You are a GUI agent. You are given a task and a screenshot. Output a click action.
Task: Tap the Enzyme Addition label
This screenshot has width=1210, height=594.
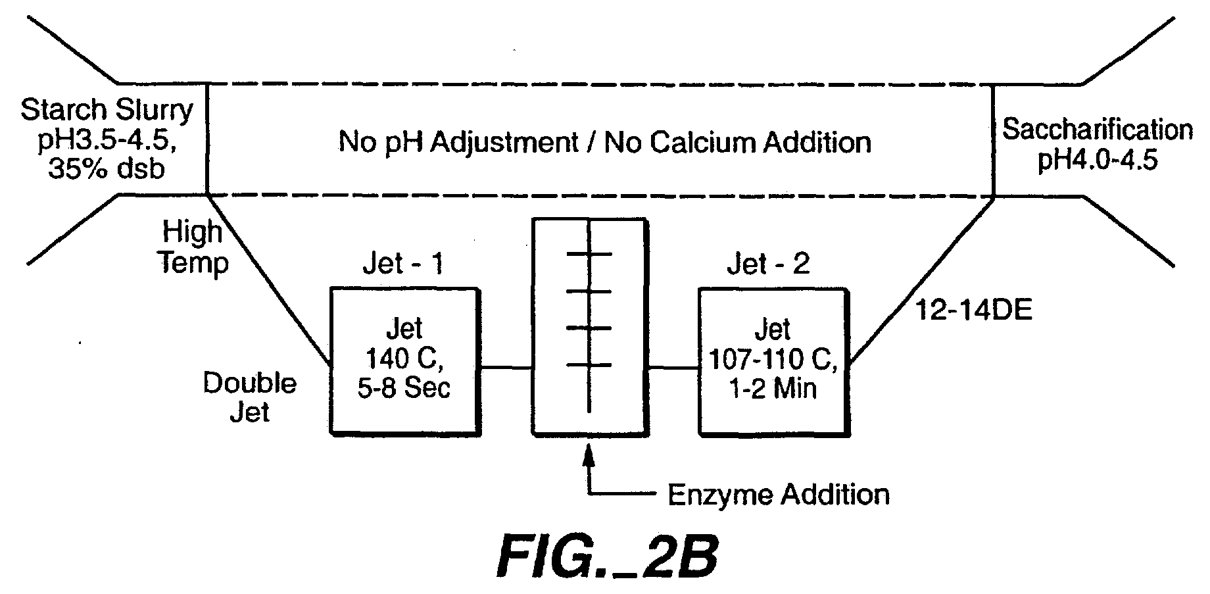coord(779,494)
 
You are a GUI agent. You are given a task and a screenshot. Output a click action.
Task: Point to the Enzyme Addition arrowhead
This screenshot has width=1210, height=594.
coord(589,456)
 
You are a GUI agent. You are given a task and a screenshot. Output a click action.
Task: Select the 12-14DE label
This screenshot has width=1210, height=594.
coord(974,309)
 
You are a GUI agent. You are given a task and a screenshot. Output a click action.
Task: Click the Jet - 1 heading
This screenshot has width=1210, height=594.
coord(403,264)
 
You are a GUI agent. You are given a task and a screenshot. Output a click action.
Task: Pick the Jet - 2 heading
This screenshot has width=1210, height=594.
coord(768,264)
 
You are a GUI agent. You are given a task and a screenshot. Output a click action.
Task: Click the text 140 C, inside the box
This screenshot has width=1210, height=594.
coord(404,359)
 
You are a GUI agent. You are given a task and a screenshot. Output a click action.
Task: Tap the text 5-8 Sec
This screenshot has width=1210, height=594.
coord(404,387)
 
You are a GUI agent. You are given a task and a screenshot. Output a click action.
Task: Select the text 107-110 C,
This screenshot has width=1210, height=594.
coord(773,359)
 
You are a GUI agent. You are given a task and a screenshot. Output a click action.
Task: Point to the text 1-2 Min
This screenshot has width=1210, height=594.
coord(773,387)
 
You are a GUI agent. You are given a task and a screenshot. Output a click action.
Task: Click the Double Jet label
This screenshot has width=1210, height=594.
coord(249,397)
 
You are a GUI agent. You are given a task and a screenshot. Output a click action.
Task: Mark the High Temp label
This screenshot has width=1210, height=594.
coord(194,247)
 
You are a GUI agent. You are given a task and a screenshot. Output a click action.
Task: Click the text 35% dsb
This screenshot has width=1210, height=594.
coord(107,169)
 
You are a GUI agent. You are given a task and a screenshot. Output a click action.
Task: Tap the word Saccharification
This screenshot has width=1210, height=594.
coord(1098,130)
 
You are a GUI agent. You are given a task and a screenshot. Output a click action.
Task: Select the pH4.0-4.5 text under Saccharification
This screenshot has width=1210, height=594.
coord(1097,160)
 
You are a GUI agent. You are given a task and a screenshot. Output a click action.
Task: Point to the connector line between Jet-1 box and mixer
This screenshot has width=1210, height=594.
coord(506,368)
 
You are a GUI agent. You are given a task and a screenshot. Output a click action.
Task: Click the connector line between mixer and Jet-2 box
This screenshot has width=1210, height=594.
coord(673,368)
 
